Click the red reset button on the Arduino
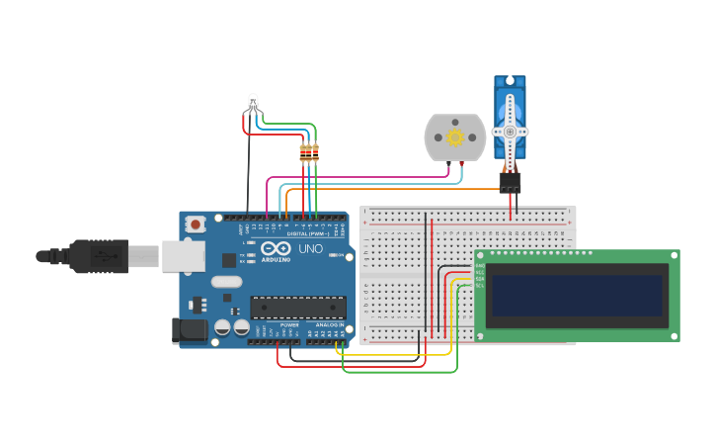[196, 224]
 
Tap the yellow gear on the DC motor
[455, 137]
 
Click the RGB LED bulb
[253, 102]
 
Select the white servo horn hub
[510, 132]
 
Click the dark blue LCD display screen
[577, 296]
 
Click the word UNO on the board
[310, 249]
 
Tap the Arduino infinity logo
[277, 248]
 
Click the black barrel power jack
[189, 330]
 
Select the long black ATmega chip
[297, 308]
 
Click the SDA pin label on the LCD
[480, 278]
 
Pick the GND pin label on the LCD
[480, 265]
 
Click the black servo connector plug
[510, 182]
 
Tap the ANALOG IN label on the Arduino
[330, 324]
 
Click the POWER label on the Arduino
[289, 324]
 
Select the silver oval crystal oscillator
[226, 282]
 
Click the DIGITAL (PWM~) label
[303, 233]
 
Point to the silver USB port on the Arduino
[183, 256]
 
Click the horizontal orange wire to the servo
[395, 189]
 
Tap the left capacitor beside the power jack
[222, 326]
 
